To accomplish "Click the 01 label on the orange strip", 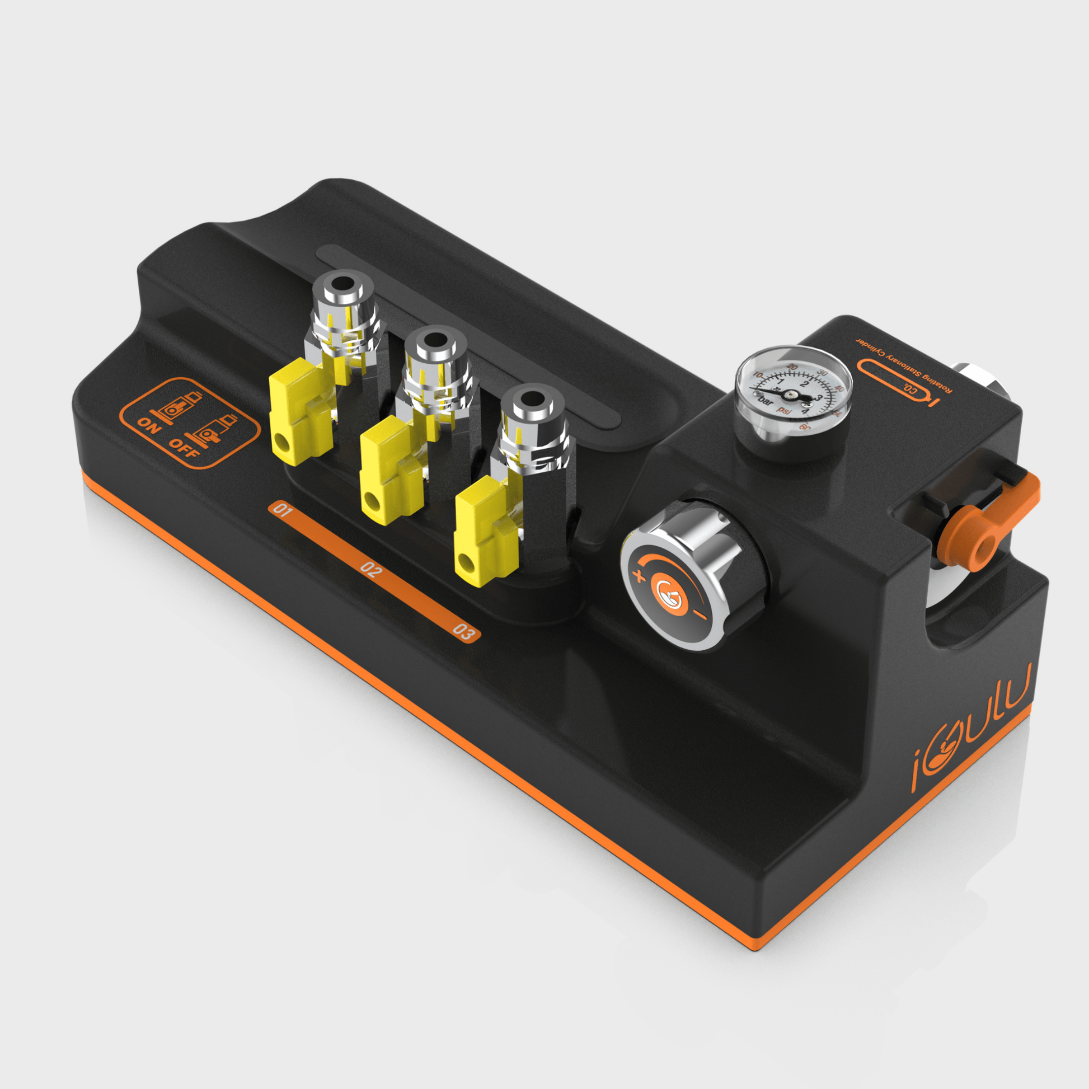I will (x=282, y=511).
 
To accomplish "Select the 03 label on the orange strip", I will (x=463, y=632).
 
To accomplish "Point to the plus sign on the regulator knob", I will (x=639, y=575).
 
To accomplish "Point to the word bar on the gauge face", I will (x=766, y=402).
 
